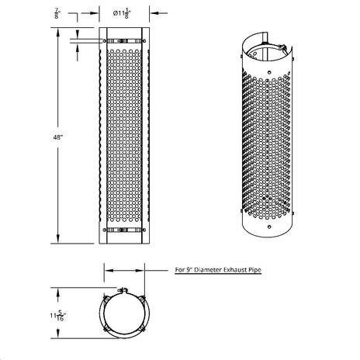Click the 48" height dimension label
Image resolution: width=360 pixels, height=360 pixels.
click(58, 137)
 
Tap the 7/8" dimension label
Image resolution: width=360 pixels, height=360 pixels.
click(57, 13)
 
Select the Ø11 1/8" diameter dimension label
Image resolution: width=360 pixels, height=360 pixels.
click(121, 13)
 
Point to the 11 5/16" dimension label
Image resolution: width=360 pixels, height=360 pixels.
click(58, 316)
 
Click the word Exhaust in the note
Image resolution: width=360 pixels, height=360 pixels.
click(234, 270)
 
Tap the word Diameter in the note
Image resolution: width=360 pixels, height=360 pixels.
click(208, 270)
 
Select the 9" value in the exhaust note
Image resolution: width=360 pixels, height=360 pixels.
click(189, 270)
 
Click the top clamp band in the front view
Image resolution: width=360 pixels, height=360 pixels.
click(124, 41)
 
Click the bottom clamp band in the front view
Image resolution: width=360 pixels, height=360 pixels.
click(124, 230)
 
